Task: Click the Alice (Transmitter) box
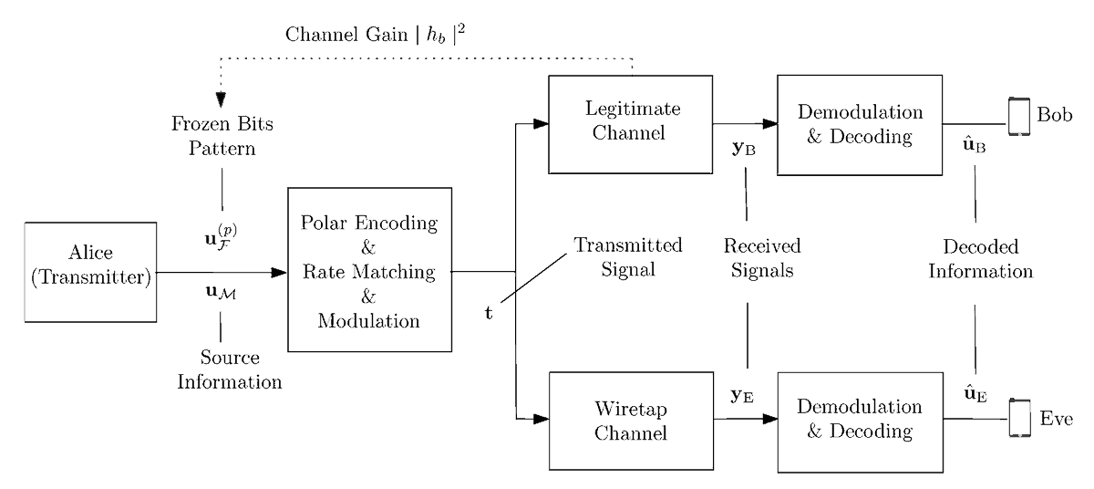(88, 271)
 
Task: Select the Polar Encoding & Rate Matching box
(370, 270)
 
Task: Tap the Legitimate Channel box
(629, 125)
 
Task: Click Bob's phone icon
(1019, 118)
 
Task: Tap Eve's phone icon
(1019, 419)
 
